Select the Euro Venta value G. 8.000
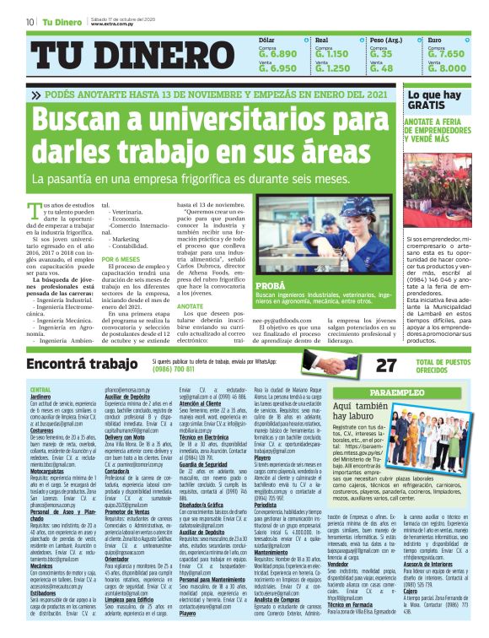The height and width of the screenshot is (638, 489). (x=446, y=68)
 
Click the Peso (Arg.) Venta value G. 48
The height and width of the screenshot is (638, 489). (x=381, y=68)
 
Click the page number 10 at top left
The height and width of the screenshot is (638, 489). (x=30, y=21)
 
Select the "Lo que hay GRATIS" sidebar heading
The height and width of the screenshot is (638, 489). (x=433, y=100)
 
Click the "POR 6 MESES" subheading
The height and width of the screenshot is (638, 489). (x=121, y=259)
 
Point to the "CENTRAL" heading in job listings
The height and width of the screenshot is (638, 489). (x=40, y=388)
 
